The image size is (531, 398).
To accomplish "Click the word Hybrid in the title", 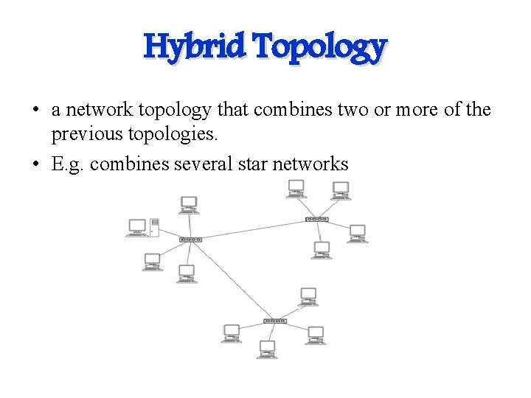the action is (194, 46).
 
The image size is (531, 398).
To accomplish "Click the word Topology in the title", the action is (319, 47).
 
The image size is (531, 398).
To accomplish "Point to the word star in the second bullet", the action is (249, 163).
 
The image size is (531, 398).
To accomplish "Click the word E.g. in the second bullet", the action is (68, 164).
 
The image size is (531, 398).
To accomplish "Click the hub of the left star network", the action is (190, 240).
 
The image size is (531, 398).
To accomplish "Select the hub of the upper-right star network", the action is (316, 219).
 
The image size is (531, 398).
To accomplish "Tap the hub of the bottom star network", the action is (274, 321).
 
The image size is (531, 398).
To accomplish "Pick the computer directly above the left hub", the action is (189, 204).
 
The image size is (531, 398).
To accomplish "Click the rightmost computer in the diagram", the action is (357, 233).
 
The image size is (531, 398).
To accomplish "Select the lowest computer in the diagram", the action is (267, 349).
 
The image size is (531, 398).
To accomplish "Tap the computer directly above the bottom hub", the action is (308, 296).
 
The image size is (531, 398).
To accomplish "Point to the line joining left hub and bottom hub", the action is (232, 280).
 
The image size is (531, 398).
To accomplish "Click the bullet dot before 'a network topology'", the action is (35, 111).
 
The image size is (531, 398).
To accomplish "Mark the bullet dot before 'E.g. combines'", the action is (35, 164).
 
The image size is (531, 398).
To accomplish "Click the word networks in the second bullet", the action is (310, 163).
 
